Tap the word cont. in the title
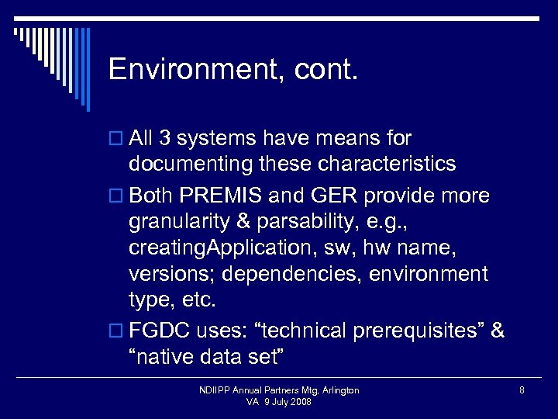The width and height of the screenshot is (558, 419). tap(326, 70)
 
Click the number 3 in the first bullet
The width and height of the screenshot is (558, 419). tap(164, 139)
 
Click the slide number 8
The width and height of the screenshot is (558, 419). tap(522, 390)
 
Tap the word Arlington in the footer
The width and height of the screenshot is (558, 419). tap(338, 390)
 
